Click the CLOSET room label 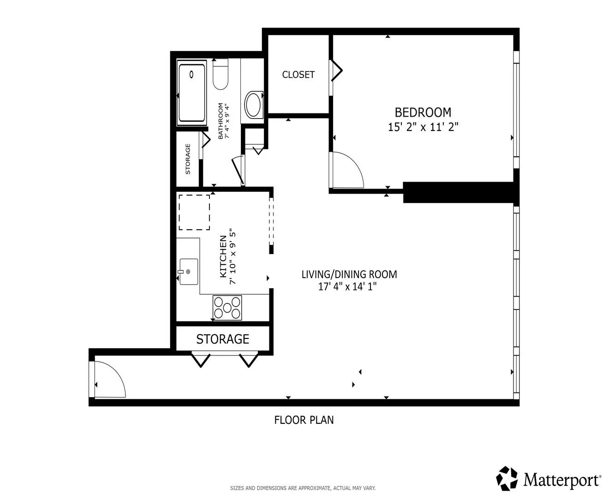pos(298,75)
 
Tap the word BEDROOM pos(423,113)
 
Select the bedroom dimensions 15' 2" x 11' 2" pos(423,127)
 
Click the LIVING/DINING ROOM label pos(349,274)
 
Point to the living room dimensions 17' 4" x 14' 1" pos(347,287)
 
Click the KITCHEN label pos(223,256)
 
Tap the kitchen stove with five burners pos(227,308)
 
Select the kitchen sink pos(189,272)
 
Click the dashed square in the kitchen pos(194,213)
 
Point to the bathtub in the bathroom pos(192,93)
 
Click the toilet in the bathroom pos(221,74)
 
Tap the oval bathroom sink pos(254,105)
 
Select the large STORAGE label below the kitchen pos(222,339)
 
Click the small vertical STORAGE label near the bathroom pos(188,159)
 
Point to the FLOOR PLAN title pos(304,420)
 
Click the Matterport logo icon pos(507,479)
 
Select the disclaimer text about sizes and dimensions pos(303,488)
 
